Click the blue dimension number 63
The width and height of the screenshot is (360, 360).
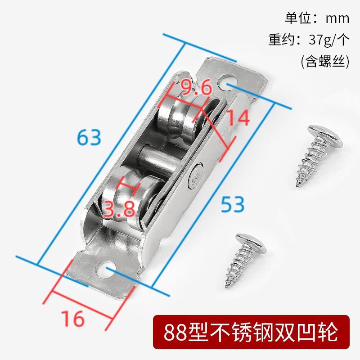coord(89,137)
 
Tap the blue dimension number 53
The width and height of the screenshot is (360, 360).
coord(233,204)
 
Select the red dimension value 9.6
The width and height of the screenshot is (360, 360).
coord(196,87)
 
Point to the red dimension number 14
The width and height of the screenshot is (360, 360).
coord(238,117)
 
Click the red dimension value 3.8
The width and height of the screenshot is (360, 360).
coord(119,209)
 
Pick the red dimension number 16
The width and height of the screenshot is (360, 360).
coord(73,319)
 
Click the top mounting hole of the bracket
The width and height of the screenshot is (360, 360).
coord(228,83)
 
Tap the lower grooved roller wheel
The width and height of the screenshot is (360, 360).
coord(131,195)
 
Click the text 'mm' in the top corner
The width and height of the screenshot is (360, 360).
coord(337,18)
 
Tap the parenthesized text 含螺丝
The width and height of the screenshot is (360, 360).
coord(325,61)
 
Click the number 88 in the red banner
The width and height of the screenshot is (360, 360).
coord(175,332)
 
